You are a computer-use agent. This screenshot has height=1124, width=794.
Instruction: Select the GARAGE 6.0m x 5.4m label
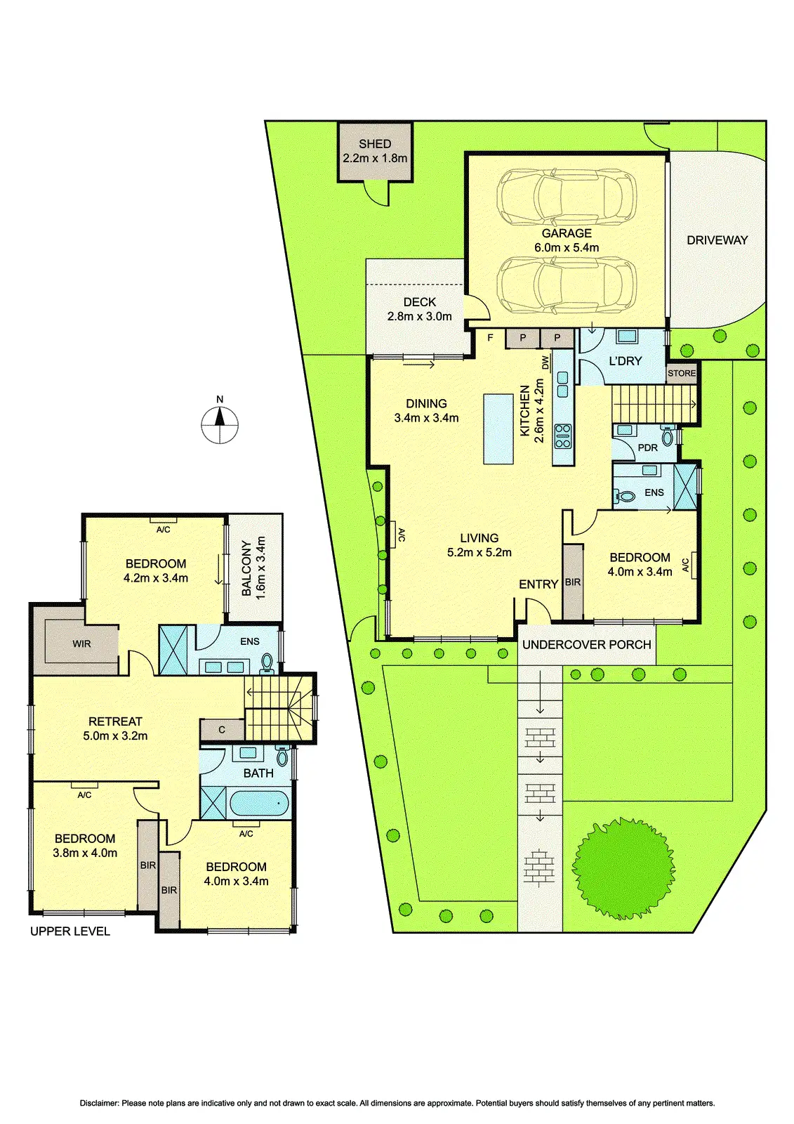(x=567, y=240)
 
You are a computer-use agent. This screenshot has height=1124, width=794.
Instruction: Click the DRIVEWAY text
(x=717, y=240)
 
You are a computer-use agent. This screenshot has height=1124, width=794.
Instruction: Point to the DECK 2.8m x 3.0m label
(x=420, y=309)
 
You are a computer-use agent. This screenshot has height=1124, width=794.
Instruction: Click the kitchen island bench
(x=498, y=429)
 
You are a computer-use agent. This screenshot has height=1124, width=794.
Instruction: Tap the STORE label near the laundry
(x=682, y=374)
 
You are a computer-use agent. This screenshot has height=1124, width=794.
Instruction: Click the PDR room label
(x=647, y=448)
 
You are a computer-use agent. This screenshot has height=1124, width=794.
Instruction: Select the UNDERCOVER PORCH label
(x=587, y=645)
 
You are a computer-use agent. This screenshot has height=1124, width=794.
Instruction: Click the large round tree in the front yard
(x=623, y=868)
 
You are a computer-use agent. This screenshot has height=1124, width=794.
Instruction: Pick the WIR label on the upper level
(x=81, y=643)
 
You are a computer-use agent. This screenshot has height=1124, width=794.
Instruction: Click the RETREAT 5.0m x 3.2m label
(x=115, y=728)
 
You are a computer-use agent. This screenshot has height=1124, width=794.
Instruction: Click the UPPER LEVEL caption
(x=70, y=932)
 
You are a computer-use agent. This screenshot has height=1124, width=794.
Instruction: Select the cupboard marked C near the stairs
(x=222, y=730)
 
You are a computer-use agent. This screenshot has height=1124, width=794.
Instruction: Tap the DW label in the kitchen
(x=545, y=362)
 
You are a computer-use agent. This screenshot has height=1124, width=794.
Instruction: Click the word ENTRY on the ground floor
(x=538, y=584)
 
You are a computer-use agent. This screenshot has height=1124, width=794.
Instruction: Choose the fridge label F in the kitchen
(x=490, y=338)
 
